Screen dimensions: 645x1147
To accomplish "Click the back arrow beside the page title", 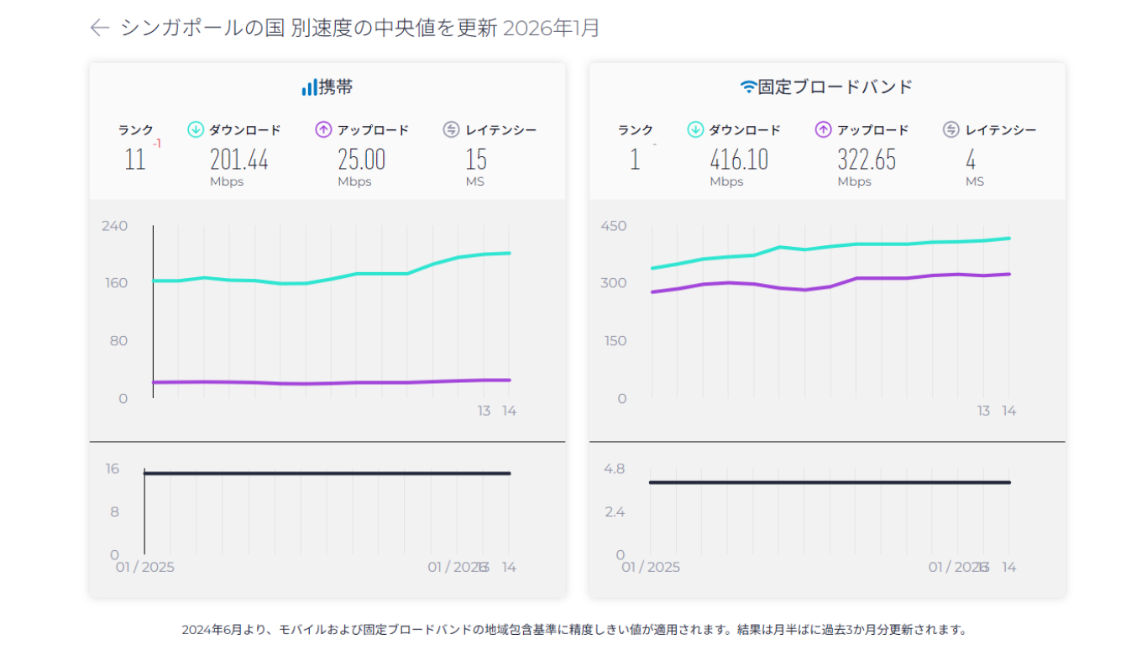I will pyautogui.click(x=100, y=28).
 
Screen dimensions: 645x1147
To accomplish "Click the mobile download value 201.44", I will pyautogui.click(x=239, y=159).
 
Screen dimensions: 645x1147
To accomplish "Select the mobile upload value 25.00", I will pyautogui.click(x=362, y=159).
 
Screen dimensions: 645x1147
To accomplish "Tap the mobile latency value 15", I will pyautogui.click(x=476, y=159).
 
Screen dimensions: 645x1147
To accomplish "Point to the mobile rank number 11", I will pyautogui.click(x=135, y=159).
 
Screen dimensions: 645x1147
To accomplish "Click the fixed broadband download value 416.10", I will pyautogui.click(x=739, y=159).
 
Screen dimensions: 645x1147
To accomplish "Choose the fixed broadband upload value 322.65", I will pyautogui.click(x=867, y=159).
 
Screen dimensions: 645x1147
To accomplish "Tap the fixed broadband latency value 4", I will pyautogui.click(x=971, y=159).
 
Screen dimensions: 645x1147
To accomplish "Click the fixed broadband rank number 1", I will pyautogui.click(x=635, y=159).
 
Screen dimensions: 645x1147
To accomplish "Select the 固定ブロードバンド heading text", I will pyautogui.click(x=835, y=87).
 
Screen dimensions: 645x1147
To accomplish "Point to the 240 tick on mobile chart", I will pyautogui.click(x=114, y=226).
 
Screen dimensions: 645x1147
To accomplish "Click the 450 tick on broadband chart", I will pyautogui.click(x=614, y=226).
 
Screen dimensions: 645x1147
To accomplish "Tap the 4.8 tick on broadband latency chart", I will pyautogui.click(x=615, y=469).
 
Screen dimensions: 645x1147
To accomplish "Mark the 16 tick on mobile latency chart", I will pyautogui.click(x=112, y=469).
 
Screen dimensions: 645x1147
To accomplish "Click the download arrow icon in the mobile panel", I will pyautogui.click(x=196, y=129).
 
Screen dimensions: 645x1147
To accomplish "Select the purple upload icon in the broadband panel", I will pyautogui.click(x=823, y=129).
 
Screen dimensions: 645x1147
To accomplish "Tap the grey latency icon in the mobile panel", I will pyautogui.click(x=452, y=129).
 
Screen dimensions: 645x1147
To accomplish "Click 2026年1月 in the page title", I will pyautogui.click(x=551, y=28).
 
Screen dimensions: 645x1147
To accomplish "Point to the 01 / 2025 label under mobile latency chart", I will pyautogui.click(x=144, y=567).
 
